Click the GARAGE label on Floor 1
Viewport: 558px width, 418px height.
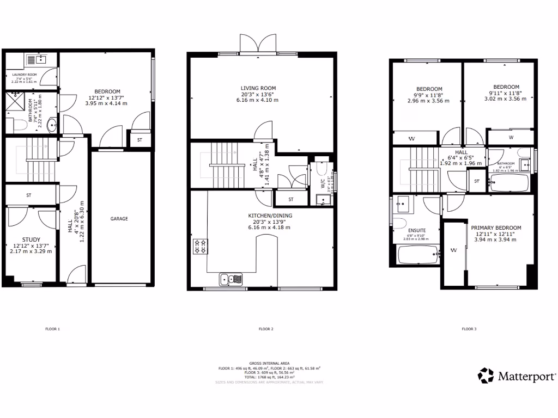[119, 219]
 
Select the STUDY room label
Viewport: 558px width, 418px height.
[31, 239]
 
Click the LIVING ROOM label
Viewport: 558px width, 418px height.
[259, 88]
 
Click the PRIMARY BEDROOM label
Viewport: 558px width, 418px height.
[496, 228]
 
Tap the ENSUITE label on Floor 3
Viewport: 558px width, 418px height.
[417, 230]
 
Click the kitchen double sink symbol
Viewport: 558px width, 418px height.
[232, 280]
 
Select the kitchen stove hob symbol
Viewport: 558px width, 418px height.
[199, 247]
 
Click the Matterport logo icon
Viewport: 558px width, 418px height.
[486, 375]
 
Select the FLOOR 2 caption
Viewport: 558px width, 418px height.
[265, 329]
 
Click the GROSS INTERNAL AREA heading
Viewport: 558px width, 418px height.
[269, 363]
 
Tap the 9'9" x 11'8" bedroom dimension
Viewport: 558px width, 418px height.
[429, 95]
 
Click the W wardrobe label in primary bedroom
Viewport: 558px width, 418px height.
[453, 250]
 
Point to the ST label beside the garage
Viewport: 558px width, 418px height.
[139, 140]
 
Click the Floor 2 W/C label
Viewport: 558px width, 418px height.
[323, 184]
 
